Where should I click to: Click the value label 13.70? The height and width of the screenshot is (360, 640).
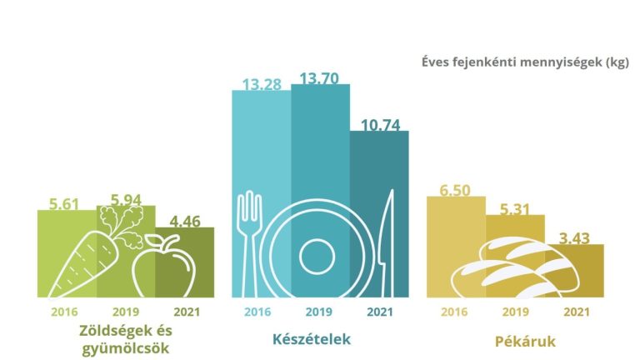pos(320,80)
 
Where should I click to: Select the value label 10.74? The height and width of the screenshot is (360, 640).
pos(380,126)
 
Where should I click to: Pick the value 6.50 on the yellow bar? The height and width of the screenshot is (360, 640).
pos(455,190)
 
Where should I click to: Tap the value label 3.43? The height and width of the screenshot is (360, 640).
pos(575,239)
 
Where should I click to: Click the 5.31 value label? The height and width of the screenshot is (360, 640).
pos(515,209)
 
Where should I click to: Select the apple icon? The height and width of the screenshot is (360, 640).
pos(162,265)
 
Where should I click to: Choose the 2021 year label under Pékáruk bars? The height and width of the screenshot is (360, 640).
pos(574,312)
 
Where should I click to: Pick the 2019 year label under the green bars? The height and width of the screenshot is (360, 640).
pos(126,312)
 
